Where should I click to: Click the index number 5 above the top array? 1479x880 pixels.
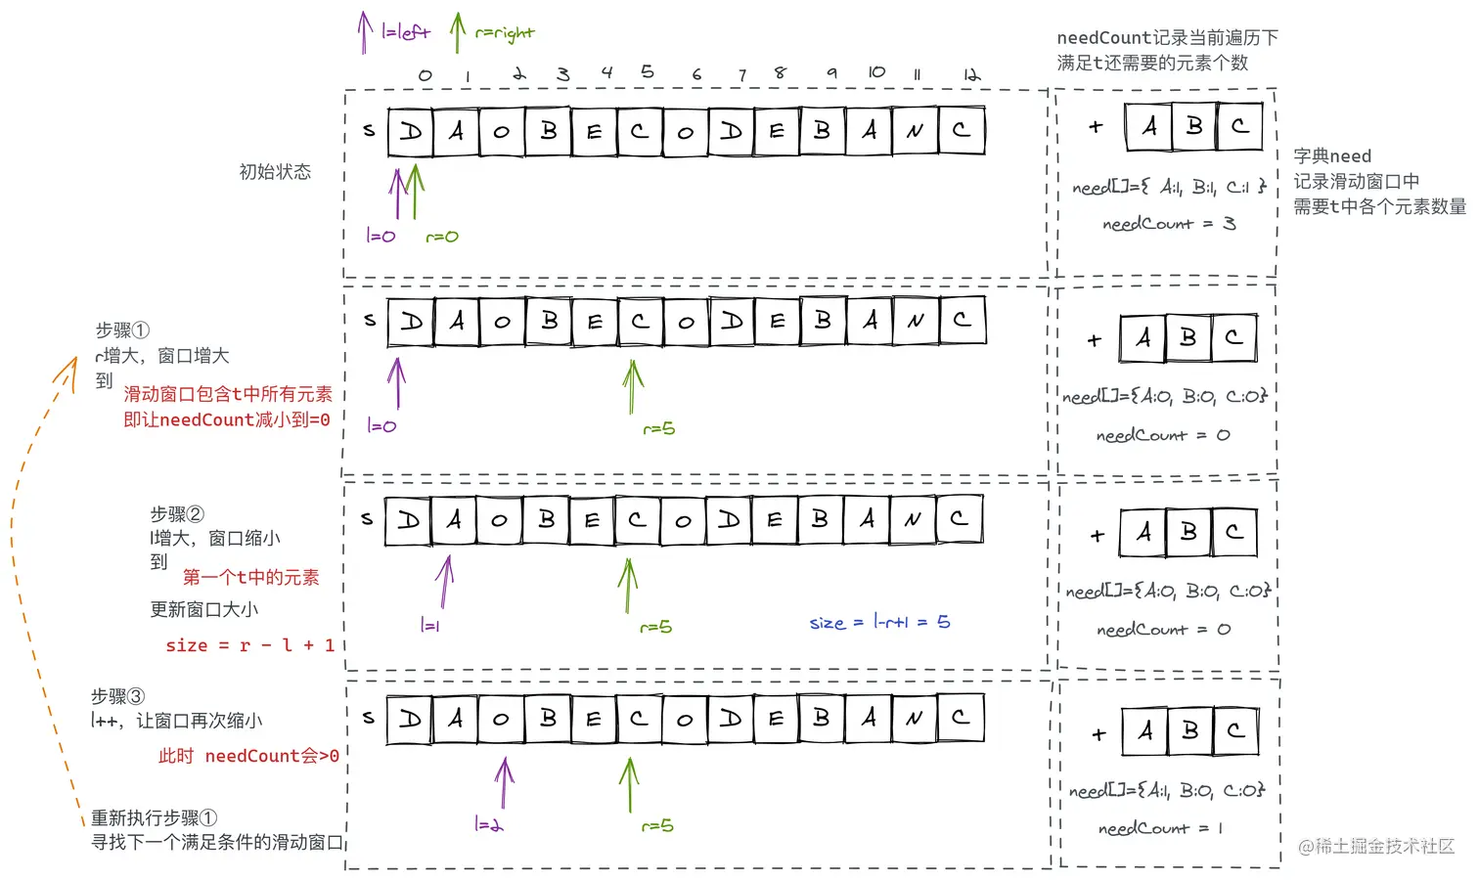tap(648, 71)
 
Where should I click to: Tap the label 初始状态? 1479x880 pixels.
tap(275, 172)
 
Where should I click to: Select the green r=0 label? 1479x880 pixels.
tap(441, 237)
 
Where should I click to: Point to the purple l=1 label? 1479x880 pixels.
tap(429, 626)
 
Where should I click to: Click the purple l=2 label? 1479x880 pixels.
tap(488, 824)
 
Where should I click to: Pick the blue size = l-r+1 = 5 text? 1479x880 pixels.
tap(879, 622)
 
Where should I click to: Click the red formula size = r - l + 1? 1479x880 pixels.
tap(250, 645)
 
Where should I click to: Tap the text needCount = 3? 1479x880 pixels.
tap(1169, 224)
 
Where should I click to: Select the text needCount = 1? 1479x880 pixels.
tap(1160, 828)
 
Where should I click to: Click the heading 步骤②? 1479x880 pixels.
tap(177, 514)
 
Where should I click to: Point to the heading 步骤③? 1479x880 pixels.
tap(117, 696)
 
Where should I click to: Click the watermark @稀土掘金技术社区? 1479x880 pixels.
tap(1376, 846)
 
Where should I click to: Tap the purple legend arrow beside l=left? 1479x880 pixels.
tap(364, 32)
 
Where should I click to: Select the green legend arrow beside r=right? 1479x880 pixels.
tap(457, 32)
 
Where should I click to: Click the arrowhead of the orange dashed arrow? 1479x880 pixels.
tap(70, 365)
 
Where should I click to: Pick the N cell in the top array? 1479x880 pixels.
tap(915, 131)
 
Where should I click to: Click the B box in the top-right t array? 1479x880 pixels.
tap(1194, 126)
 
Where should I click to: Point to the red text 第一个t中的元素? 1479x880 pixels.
tap(250, 577)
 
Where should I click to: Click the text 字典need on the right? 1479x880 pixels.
tap(1332, 156)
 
